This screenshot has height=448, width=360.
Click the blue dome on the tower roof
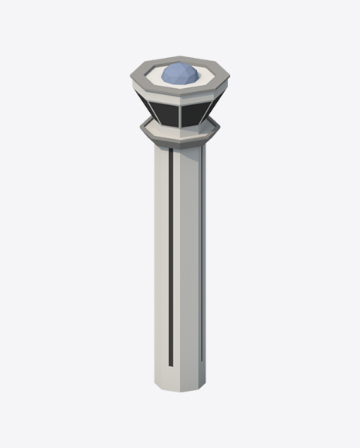(x=179, y=74)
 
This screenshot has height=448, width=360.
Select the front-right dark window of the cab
(x=194, y=113)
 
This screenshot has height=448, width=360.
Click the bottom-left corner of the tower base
(x=155, y=383)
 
